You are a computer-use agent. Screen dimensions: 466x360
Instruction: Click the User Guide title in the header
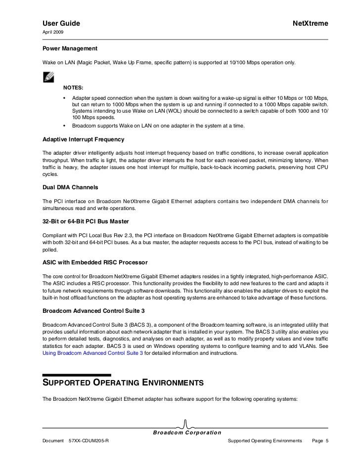click(61, 24)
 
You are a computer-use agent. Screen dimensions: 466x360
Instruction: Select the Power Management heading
click(70, 49)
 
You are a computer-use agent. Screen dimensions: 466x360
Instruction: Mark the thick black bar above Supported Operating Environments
click(77, 375)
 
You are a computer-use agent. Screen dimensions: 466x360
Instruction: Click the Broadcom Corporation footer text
click(186, 432)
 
